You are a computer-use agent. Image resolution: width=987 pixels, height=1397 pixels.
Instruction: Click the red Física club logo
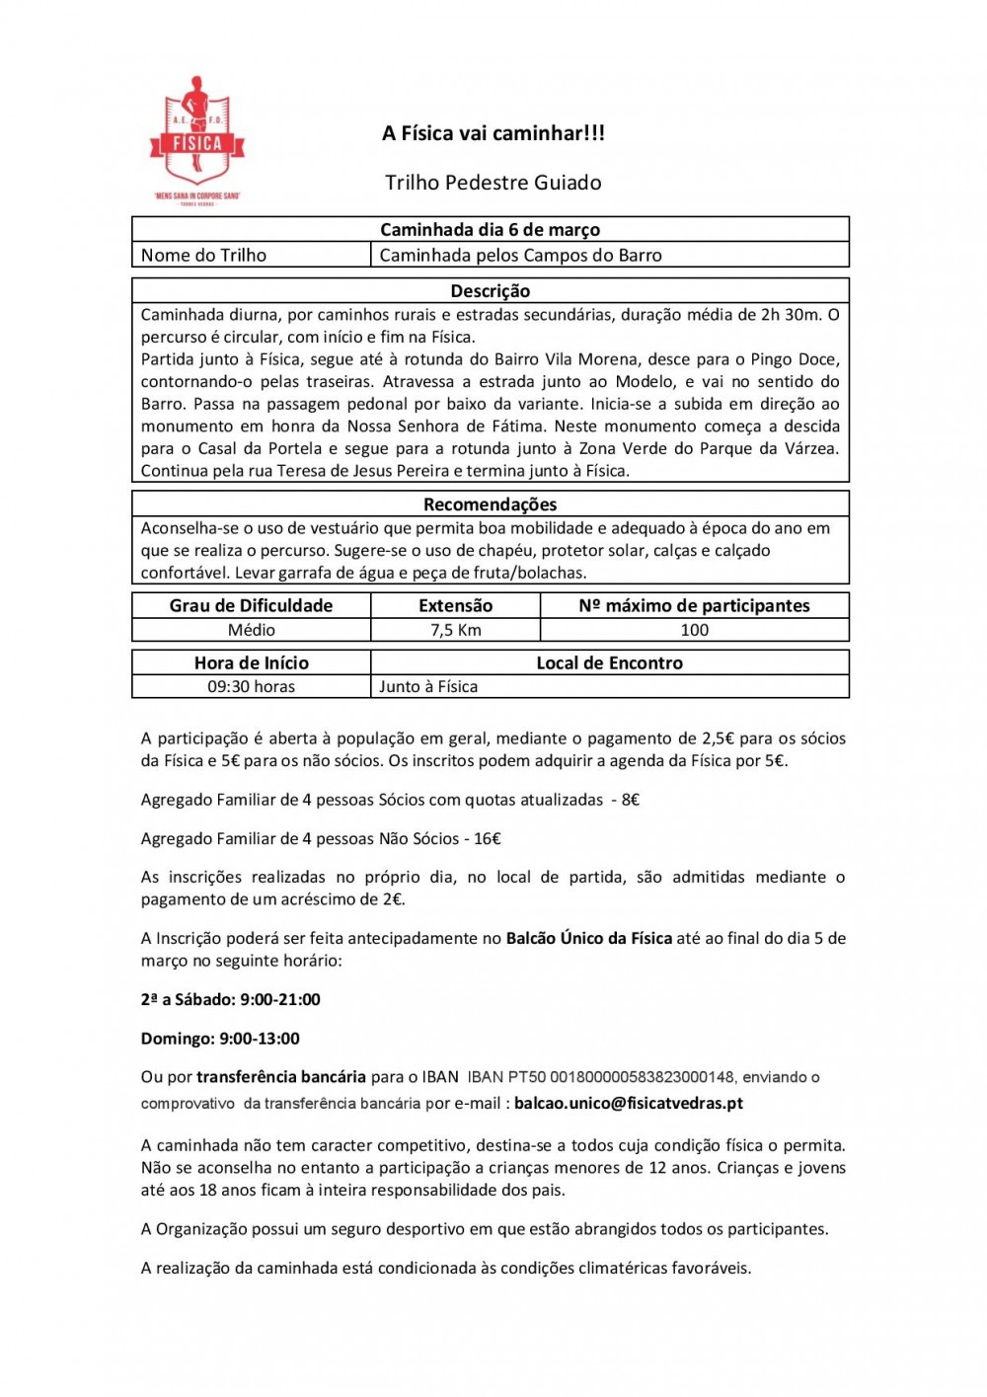[197, 138]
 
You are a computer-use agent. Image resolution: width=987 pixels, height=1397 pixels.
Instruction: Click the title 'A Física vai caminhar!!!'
[493, 133]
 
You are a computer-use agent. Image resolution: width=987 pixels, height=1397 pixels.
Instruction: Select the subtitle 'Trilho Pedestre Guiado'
[493, 183]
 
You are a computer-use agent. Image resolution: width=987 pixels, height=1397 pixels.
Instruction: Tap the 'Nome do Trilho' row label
[203, 255]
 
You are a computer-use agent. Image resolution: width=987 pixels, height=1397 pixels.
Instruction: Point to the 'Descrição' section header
[491, 291]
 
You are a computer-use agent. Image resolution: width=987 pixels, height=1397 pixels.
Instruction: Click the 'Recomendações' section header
[491, 504]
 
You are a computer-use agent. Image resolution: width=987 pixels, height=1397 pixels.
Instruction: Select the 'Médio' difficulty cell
[252, 630]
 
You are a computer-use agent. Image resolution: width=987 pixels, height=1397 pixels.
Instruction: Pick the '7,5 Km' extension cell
[456, 630]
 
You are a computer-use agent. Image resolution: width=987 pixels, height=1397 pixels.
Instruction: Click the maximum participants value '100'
[695, 630]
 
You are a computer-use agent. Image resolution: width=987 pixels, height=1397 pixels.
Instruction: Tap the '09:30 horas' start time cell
[252, 686]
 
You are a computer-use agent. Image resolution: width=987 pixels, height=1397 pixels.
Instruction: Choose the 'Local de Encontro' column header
[610, 663]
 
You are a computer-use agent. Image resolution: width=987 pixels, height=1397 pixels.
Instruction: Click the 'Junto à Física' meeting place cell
[428, 686]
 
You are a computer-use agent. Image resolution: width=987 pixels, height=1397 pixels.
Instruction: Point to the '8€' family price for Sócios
[631, 800]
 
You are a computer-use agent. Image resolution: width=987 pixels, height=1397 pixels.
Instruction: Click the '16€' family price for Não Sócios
[488, 838]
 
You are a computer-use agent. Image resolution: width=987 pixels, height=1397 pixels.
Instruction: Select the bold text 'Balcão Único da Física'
[589, 938]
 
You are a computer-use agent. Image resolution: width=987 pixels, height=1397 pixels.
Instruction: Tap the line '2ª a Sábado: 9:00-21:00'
[231, 999]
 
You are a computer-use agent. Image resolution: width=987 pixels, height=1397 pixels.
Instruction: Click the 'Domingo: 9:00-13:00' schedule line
[220, 1039]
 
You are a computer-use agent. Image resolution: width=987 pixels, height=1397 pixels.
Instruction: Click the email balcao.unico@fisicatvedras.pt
[629, 1103]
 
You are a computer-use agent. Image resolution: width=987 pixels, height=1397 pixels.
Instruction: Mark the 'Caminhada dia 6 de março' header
[491, 229]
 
